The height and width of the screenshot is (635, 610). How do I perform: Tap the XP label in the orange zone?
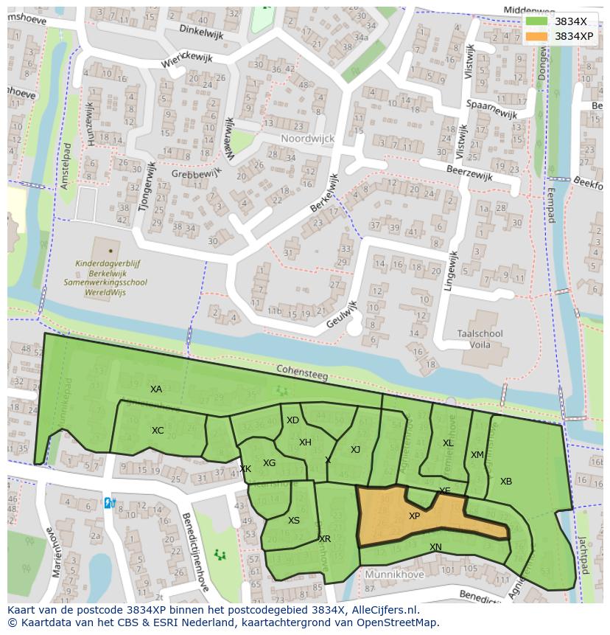pyautogui.click(x=414, y=516)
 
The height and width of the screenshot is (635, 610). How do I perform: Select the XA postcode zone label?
pyautogui.click(x=155, y=389)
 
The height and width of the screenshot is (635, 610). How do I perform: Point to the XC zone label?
pyautogui.click(x=158, y=431)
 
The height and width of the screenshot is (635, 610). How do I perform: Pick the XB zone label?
pyautogui.click(x=506, y=482)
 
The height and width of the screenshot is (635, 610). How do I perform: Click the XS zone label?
pyautogui.click(x=294, y=521)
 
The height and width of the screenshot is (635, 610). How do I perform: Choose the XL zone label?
pyautogui.click(x=448, y=443)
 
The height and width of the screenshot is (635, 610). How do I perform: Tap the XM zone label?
pyautogui.click(x=477, y=455)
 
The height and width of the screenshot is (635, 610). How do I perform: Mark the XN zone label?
pyautogui.click(x=435, y=547)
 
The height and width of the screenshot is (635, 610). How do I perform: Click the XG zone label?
pyautogui.click(x=269, y=463)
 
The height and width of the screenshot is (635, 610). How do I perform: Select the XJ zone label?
pyautogui.click(x=355, y=450)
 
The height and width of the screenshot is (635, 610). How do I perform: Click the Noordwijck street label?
pyautogui.click(x=307, y=139)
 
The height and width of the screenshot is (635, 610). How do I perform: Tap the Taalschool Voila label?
pyautogui.click(x=480, y=339)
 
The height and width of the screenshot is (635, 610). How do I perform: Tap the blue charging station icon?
pyautogui.click(x=109, y=503)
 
